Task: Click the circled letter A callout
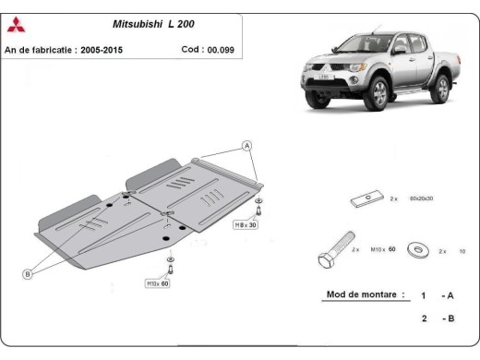coord(247,146)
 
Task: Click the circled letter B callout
coord(29,273)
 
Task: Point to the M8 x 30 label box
coord(246,224)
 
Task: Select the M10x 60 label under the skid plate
coord(157,283)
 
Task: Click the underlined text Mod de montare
coord(365,296)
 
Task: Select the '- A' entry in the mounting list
coord(448,296)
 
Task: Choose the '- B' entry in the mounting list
coord(448,318)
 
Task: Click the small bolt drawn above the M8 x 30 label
coord(258,205)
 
